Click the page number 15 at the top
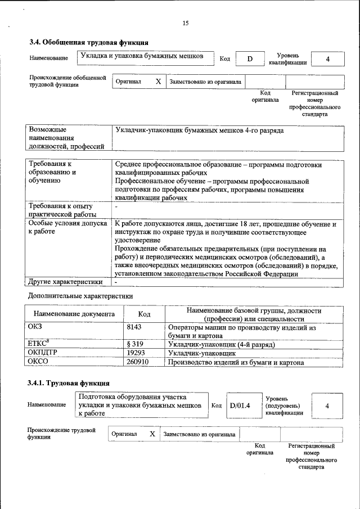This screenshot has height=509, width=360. point(186,23)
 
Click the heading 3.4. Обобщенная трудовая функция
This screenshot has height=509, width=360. point(89,42)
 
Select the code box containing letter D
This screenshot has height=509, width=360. point(250,59)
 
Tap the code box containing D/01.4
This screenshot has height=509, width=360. point(239,406)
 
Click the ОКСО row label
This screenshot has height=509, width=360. point(38,362)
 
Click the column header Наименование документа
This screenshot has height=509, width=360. point(74,314)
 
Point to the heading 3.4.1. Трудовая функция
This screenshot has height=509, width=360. point(68,384)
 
